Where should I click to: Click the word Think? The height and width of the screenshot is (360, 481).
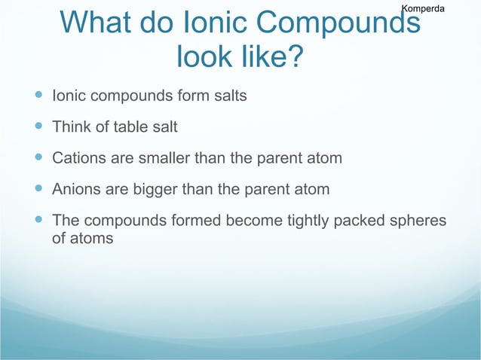click(x=71, y=127)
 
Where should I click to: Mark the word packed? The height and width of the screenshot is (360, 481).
click(x=364, y=221)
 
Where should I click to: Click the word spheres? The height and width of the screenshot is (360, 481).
click(x=420, y=221)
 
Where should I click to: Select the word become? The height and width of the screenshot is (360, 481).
click(x=250, y=221)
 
